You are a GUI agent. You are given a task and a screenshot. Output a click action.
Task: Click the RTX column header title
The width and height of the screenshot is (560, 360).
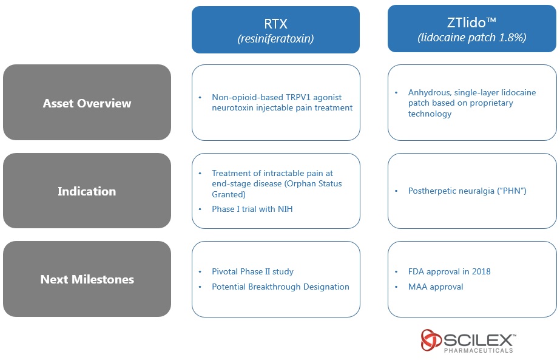pos(275,24)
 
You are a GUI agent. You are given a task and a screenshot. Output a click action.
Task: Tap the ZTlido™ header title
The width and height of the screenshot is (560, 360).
pos(472,22)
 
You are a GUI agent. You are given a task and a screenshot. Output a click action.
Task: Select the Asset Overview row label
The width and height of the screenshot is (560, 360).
pos(87,103)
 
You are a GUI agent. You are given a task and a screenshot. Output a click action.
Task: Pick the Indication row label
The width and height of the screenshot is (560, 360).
pos(87,191)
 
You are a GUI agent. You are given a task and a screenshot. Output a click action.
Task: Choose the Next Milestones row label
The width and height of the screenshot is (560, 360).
pos(87,279)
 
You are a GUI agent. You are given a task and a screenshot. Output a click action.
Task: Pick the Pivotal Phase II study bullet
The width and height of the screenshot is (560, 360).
pos(252,271)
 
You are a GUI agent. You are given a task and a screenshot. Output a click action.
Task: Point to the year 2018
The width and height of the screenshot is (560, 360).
pos(480,271)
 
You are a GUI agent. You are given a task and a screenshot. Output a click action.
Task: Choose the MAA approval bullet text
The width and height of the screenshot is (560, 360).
pos(436,287)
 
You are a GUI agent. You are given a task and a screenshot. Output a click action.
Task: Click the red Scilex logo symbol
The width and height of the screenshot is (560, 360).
pos(431,340)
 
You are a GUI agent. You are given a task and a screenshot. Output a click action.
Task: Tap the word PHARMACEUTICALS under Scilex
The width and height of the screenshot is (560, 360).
pos(478,350)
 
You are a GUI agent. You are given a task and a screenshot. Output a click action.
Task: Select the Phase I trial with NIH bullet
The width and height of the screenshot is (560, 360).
pos(252,209)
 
